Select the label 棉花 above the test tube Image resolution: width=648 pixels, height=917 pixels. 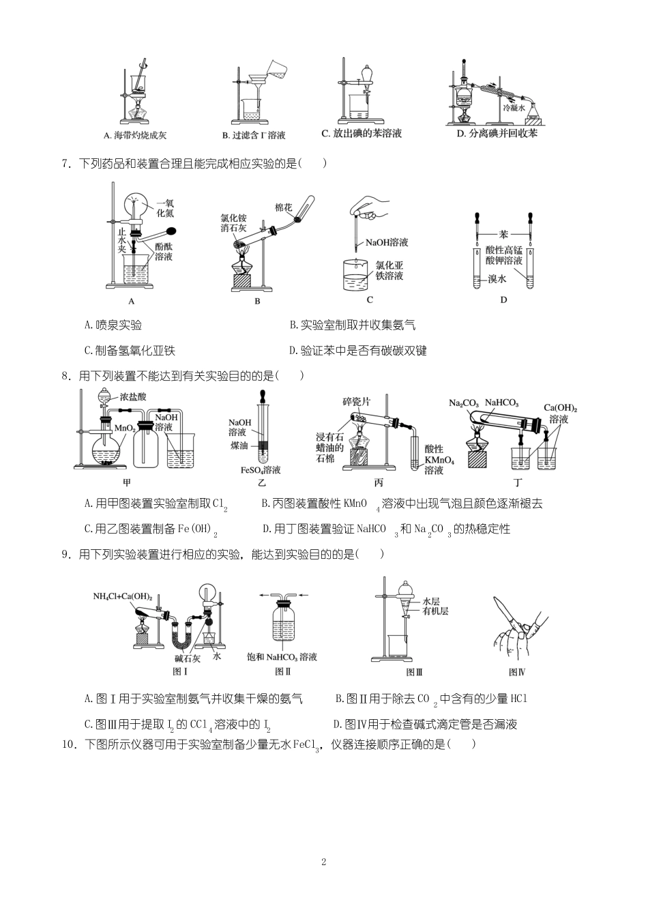(284, 207)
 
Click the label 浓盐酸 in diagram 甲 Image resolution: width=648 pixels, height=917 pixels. (133, 396)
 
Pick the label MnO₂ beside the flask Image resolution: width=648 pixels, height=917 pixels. (124, 428)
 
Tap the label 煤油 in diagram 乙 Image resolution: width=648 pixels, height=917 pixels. (239, 445)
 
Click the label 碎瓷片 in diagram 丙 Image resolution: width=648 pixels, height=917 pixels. (356, 402)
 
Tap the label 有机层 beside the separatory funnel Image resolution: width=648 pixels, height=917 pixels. (435, 611)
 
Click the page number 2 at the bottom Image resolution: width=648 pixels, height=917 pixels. (324, 862)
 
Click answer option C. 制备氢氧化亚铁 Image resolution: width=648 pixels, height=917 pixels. (130, 351)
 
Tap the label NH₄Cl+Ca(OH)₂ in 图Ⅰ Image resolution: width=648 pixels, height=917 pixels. (123, 596)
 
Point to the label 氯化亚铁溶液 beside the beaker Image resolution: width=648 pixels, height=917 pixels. (389, 270)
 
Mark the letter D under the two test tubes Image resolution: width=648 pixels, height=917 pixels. (504, 300)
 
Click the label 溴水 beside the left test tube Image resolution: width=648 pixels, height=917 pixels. (497, 279)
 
